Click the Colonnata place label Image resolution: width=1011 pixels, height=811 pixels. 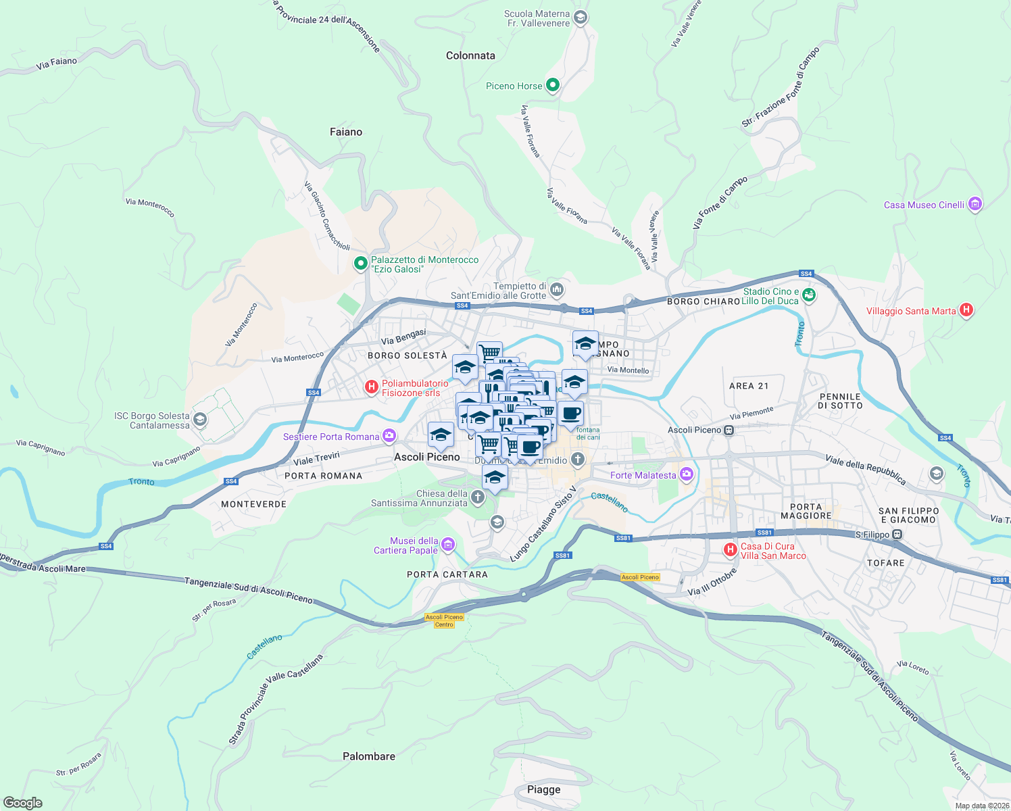point(470,55)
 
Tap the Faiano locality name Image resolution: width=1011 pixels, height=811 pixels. point(346,132)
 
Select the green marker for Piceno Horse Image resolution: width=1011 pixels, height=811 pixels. point(553,85)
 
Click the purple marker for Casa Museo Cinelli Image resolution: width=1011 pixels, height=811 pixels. point(975,204)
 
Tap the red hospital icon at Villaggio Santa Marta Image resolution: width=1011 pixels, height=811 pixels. point(966,310)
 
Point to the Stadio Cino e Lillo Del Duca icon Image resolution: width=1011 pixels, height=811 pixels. point(809,295)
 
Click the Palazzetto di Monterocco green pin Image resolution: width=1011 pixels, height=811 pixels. point(361,263)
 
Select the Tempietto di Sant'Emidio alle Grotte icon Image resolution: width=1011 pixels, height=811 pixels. point(557,290)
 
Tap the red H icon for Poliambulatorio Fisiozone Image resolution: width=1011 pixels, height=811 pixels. point(371,387)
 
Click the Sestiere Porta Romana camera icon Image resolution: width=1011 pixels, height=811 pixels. point(389,436)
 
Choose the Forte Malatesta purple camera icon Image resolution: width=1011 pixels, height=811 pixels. point(687,474)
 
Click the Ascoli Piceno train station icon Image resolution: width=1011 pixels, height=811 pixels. point(729,430)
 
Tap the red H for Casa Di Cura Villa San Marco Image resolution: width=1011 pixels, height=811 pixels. point(730,550)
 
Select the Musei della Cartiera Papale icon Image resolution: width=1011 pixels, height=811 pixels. point(447,544)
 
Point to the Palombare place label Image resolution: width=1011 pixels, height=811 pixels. point(369,756)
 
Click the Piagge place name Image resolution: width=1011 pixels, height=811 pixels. point(544,789)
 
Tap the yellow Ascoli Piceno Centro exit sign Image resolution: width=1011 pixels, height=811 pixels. point(444,620)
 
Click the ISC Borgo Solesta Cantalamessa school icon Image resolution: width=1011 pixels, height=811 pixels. point(199,420)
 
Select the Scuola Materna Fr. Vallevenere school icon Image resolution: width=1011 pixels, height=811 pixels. point(579,18)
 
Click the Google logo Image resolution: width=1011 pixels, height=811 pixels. point(22,803)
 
